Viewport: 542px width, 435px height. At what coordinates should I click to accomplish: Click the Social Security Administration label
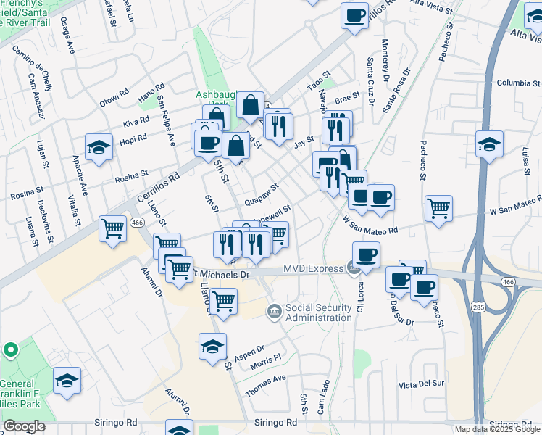tap(318, 312)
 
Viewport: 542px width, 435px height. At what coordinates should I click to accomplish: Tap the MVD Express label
tap(312, 269)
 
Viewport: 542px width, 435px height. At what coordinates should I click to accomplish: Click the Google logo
tap(24, 426)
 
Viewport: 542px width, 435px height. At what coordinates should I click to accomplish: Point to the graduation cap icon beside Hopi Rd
tap(99, 147)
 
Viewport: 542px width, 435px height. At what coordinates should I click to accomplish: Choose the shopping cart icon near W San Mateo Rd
tap(438, 209)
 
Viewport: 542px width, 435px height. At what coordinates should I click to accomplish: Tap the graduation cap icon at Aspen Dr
tap(212, 347)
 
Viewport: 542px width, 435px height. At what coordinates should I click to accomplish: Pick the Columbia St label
tap(514, 83)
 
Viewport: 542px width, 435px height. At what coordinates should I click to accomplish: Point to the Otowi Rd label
tap(114, 96)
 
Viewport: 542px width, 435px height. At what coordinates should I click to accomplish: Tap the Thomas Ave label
tap(265, 385)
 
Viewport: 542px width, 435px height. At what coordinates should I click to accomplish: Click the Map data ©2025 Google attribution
tap(496, 429)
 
